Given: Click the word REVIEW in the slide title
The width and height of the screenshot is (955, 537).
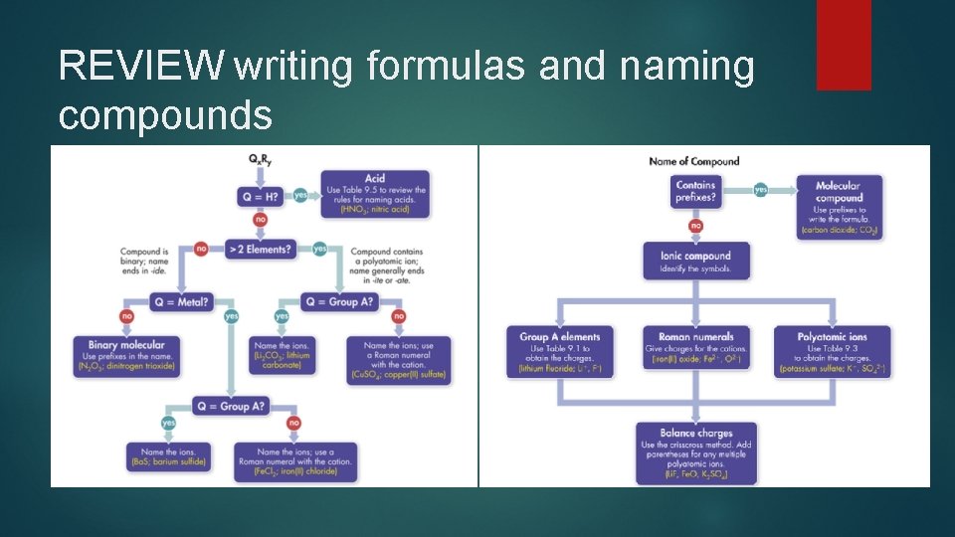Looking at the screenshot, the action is click(141, 67).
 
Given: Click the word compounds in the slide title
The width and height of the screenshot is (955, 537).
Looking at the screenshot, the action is click(165, 114).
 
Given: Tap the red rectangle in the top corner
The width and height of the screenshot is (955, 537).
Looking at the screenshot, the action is click(844, 45).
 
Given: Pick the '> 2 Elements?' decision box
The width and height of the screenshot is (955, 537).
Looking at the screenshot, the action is click(261, 249).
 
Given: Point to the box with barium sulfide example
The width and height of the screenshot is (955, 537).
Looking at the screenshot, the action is click(168, 456).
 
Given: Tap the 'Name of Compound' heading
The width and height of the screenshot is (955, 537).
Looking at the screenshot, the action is click(693, 162).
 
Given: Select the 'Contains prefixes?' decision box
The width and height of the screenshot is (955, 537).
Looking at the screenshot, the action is click(695, 191).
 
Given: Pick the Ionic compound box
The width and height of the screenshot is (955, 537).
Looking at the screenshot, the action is click(695, 261).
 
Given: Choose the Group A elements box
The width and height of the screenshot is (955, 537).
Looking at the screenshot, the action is click(560, 352).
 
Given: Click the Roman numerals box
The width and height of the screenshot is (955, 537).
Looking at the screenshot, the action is click(695, 352).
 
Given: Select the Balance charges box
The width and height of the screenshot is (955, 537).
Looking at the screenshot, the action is click(695, 452).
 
